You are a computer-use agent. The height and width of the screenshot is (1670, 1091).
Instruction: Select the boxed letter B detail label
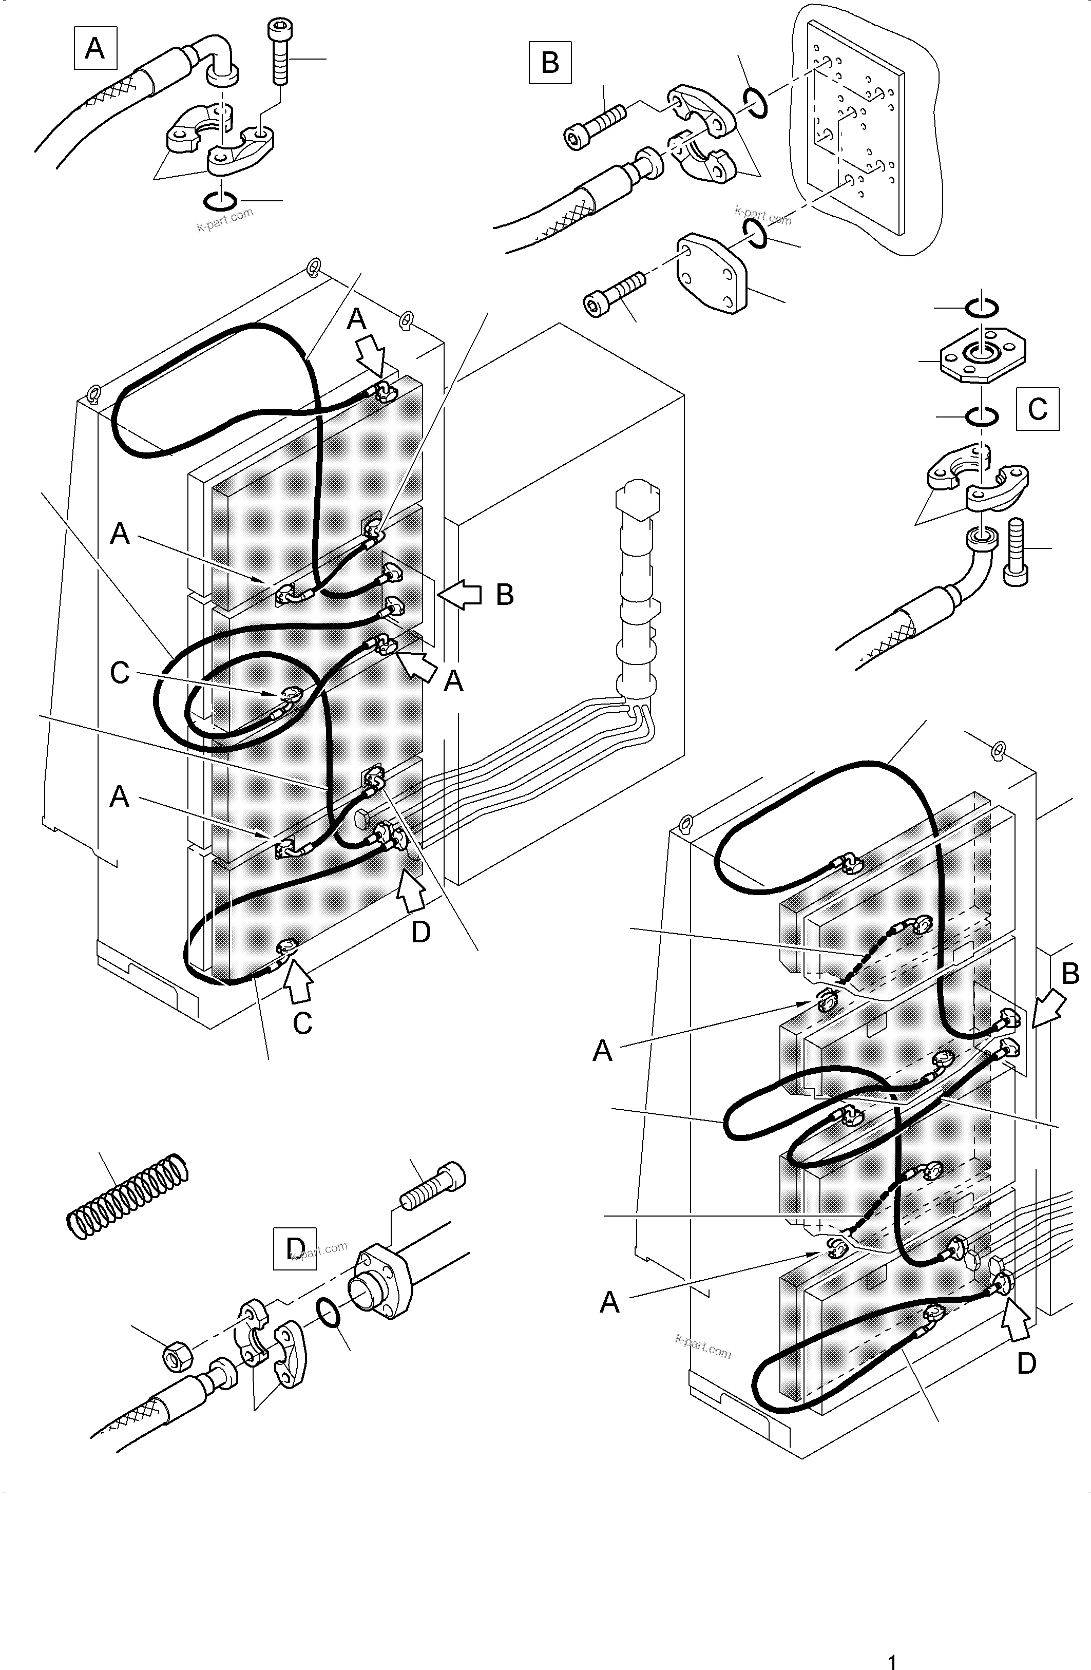(549, 63)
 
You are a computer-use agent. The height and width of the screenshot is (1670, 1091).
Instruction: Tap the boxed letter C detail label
(1037, 408)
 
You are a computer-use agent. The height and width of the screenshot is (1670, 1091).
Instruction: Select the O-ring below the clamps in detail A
(220, 201)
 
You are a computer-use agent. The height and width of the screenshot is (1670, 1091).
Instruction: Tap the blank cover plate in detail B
(711, 274)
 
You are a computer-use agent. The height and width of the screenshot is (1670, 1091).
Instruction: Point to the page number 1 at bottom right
(892, 1660)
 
